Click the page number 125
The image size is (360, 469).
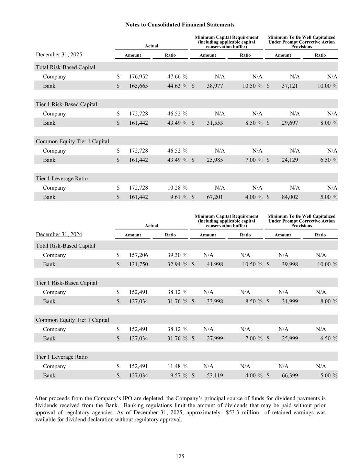coord(180,456)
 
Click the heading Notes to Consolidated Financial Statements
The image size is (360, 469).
coord(180,25)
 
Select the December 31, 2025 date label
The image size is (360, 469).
coord(59,55)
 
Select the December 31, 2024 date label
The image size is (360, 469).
coord(59,234)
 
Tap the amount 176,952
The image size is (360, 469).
coord(138,77)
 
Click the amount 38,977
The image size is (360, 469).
coord(215,86)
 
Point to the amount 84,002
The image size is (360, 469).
coord(290,197)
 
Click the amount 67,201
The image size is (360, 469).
coord(215,197)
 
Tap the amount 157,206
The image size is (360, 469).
coord(138,255)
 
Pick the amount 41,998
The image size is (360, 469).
coord(215,265)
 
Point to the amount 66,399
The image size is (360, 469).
coord(290,376)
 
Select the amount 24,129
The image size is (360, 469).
coord(290,160)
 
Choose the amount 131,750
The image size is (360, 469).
coord(138,265)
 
